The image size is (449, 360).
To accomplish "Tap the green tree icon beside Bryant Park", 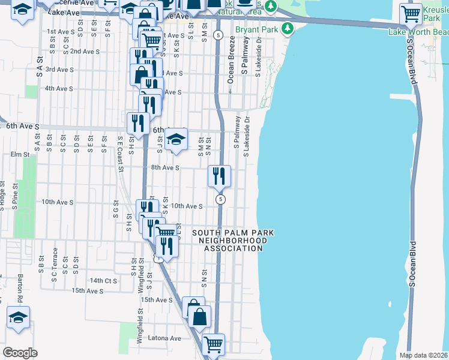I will [x=288, y=28].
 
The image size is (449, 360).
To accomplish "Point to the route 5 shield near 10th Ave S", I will [x=221, y=199].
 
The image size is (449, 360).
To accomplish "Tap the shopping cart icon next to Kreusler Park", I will [x=411, y=13].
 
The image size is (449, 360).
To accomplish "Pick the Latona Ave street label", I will [x=165, y=338].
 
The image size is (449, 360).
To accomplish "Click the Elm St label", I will [x=20, y=154].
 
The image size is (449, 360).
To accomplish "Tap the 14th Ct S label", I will [x=103, y=280].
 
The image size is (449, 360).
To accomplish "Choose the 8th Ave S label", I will [x=165, y=168].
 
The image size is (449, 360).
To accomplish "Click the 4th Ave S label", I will [x=59, y=88].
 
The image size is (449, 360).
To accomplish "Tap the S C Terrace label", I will [x=54, y=261].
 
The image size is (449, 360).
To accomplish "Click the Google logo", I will [x=20, y=353].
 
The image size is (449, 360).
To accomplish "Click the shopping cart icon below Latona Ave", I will [x=214, y=344].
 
